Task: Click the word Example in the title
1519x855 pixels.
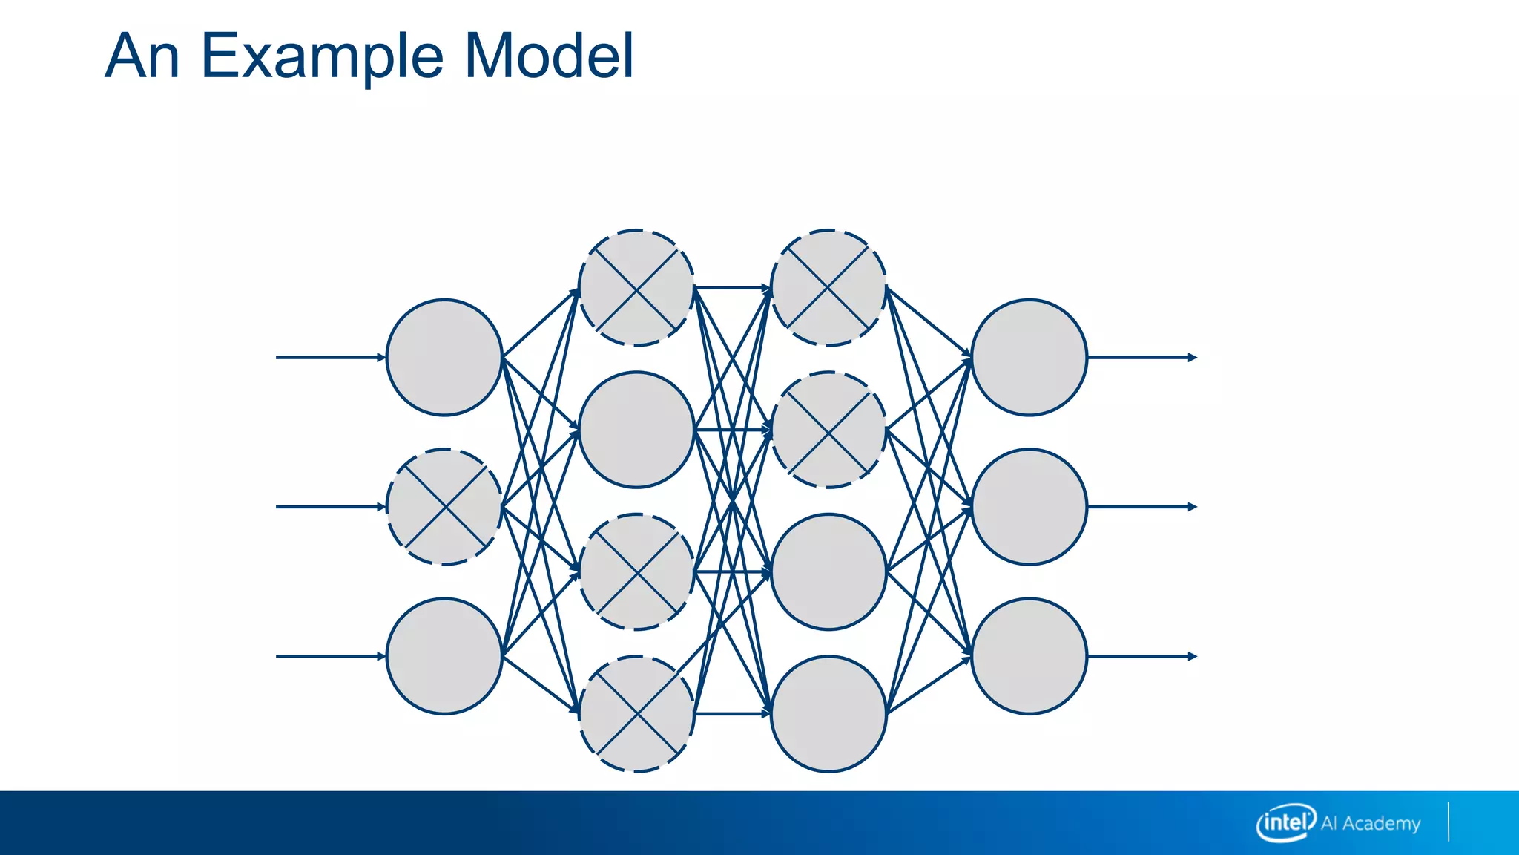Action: point(322,56)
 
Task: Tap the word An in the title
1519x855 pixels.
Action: point(142,56)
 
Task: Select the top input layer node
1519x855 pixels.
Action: point(444,357)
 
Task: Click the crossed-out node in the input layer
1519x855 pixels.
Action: point(444,507)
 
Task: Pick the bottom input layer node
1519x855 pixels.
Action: point(444,656)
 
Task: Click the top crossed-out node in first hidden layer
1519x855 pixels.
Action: point(636,287)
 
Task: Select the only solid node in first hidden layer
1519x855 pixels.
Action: point(636,429)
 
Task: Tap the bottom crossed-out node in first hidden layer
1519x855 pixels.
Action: point(636,714)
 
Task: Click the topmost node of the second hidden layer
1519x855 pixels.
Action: point(828,287)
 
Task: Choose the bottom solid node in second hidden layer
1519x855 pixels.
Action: point(828,714)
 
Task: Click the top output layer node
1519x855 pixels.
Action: point(1029,357)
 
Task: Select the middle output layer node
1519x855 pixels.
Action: point(1029,507)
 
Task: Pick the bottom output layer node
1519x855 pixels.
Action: point(1029,656)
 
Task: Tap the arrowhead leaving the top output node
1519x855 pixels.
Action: point(1192,357)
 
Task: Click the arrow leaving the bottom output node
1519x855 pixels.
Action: point(1142,656)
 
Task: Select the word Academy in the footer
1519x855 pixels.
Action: point(1381,824)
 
